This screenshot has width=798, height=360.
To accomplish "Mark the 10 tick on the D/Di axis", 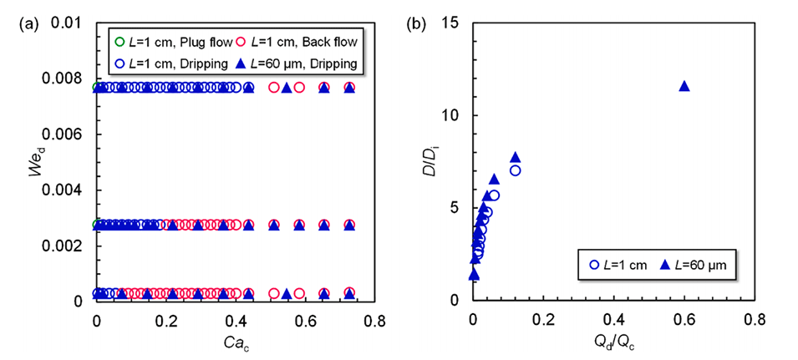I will [x=458, y=115].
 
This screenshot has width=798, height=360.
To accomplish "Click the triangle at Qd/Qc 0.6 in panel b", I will [x=684, y=86].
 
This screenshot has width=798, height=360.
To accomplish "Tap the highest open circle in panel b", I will [x=516, y=170].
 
